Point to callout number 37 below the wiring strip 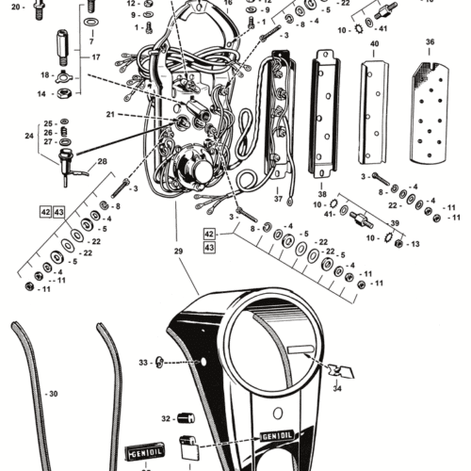(x=279, y=200)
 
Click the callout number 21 (x=111, y=114)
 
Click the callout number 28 (x=102, y=162)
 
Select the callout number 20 (x=16, y=8)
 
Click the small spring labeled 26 (x=63, y=133)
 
